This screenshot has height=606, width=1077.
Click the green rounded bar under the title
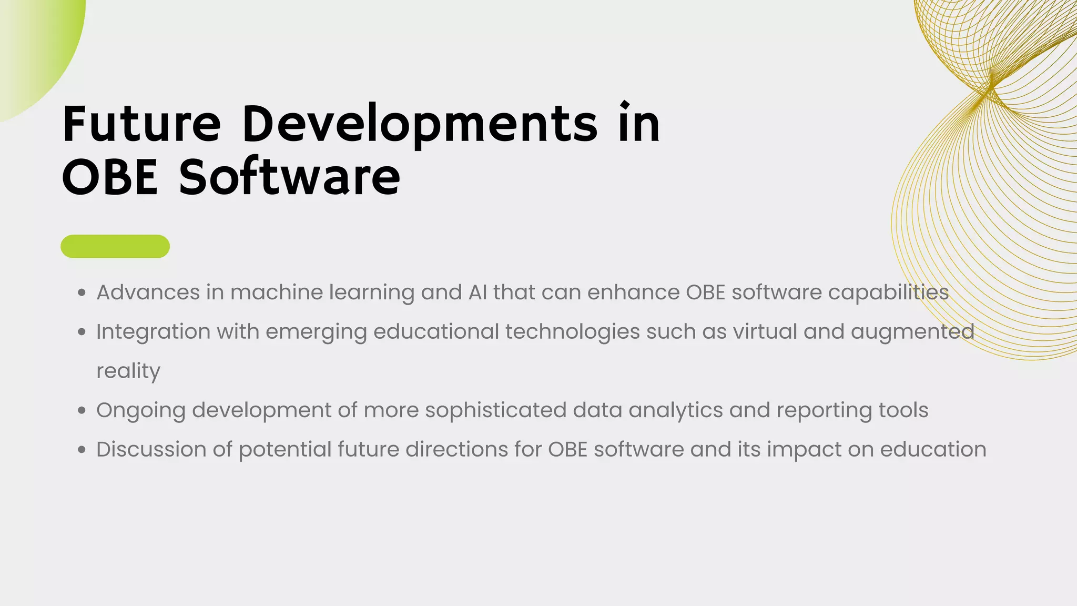(115, 246)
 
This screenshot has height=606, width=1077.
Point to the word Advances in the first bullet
(148, 292)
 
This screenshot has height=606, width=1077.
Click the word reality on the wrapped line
(128, 371)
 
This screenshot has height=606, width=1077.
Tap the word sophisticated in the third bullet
(495, 411)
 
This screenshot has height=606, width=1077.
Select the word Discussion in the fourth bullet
(151, 450)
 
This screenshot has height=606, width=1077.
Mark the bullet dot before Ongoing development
(82, 411)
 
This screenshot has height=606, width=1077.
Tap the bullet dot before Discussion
(82, 450)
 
